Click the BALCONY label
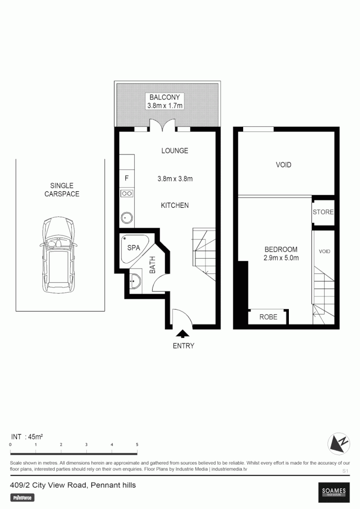tap(164, 98)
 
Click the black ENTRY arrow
tap(182, 334)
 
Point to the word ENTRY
tap(183, 346)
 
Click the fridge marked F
tap(126, 178)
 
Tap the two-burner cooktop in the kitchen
tap(127, 193)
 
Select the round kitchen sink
tap(127, 218)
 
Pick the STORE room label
tap(323, 212)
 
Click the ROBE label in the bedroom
tap(268, 317)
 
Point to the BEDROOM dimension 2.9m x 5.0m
tap(281, 258)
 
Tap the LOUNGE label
tap(174, 151)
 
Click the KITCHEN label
tap(175, 205)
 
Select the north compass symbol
tap(339, 443)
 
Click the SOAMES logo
tap(334, 492)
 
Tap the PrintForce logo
tap(23, 497)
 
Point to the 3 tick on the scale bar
tap(86, 445)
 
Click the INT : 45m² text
tap(27, 437)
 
